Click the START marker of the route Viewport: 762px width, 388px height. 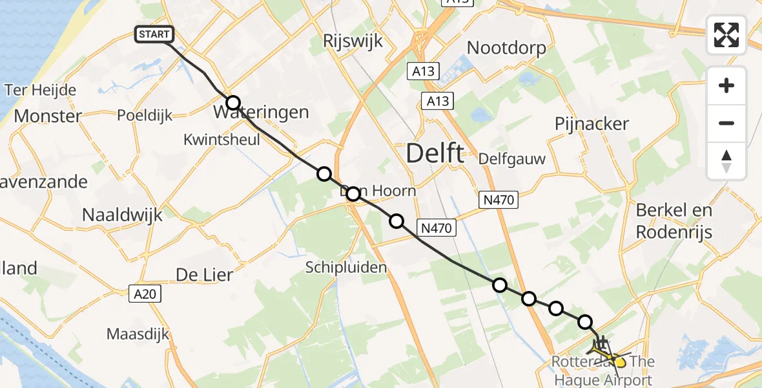click(x=154, y=34)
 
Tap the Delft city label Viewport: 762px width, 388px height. click(x=435, y=154)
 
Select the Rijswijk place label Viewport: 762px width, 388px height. click(x=353, y=42)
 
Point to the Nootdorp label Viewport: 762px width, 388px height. click(x=506, y=48)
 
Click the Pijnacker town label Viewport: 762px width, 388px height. click(x=592, y=124)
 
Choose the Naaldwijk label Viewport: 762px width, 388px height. click(x=122, y=215)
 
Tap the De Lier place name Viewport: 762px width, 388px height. click(x=204, y=275)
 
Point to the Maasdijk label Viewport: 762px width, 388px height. click(x=138, y=334)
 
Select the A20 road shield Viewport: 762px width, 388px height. click(x=145, y=294)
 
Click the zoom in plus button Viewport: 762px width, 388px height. click(x=726, y=85)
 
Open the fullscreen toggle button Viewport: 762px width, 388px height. click(x=726, y=35)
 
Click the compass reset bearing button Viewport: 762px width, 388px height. click(x=726, y=161)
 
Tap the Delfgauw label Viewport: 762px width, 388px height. click(x=512, y=159)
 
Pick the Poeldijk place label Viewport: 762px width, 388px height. click(x=145, y=116)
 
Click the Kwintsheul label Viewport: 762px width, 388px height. click(x=221, y=139)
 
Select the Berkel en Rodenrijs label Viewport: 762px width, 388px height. click(x=674, y=221)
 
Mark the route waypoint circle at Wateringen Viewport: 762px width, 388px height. click(x=233, y=103)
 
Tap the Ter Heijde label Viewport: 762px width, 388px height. click(x=40, y=90)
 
